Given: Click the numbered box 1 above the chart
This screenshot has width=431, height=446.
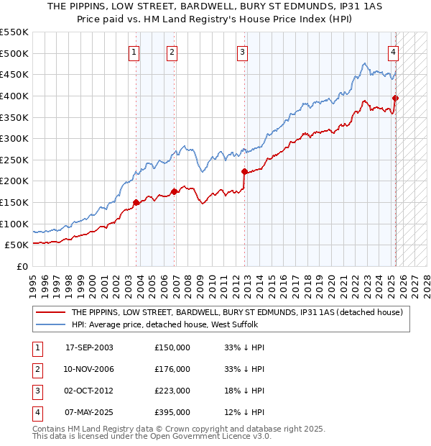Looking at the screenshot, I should pyautogui.click(x=134, y=51).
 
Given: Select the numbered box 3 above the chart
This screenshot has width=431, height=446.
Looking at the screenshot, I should pyautogui.click(x=243, y=51).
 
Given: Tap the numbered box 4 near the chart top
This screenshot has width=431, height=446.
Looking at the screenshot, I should pyautogui.click(x=394, y=51).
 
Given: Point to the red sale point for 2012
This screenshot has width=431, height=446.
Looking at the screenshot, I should pyautogui.click(x=244, y=171).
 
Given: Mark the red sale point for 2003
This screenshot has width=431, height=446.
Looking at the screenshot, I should pyautogui.click(x=136, y=202).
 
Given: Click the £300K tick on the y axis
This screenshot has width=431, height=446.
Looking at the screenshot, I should pyautogui.click(x=14, y=138).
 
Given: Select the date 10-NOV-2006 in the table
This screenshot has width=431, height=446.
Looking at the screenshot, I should pyautogui.click(x=89, y=369).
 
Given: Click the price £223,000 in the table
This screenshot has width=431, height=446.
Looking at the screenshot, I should pyautogui.click(x=172, y=391).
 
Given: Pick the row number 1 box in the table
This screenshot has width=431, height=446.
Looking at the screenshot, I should pyautogui.click(x=35, y=347).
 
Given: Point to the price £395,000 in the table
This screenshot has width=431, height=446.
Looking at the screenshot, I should pyautogui.click(x=172, y=412).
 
